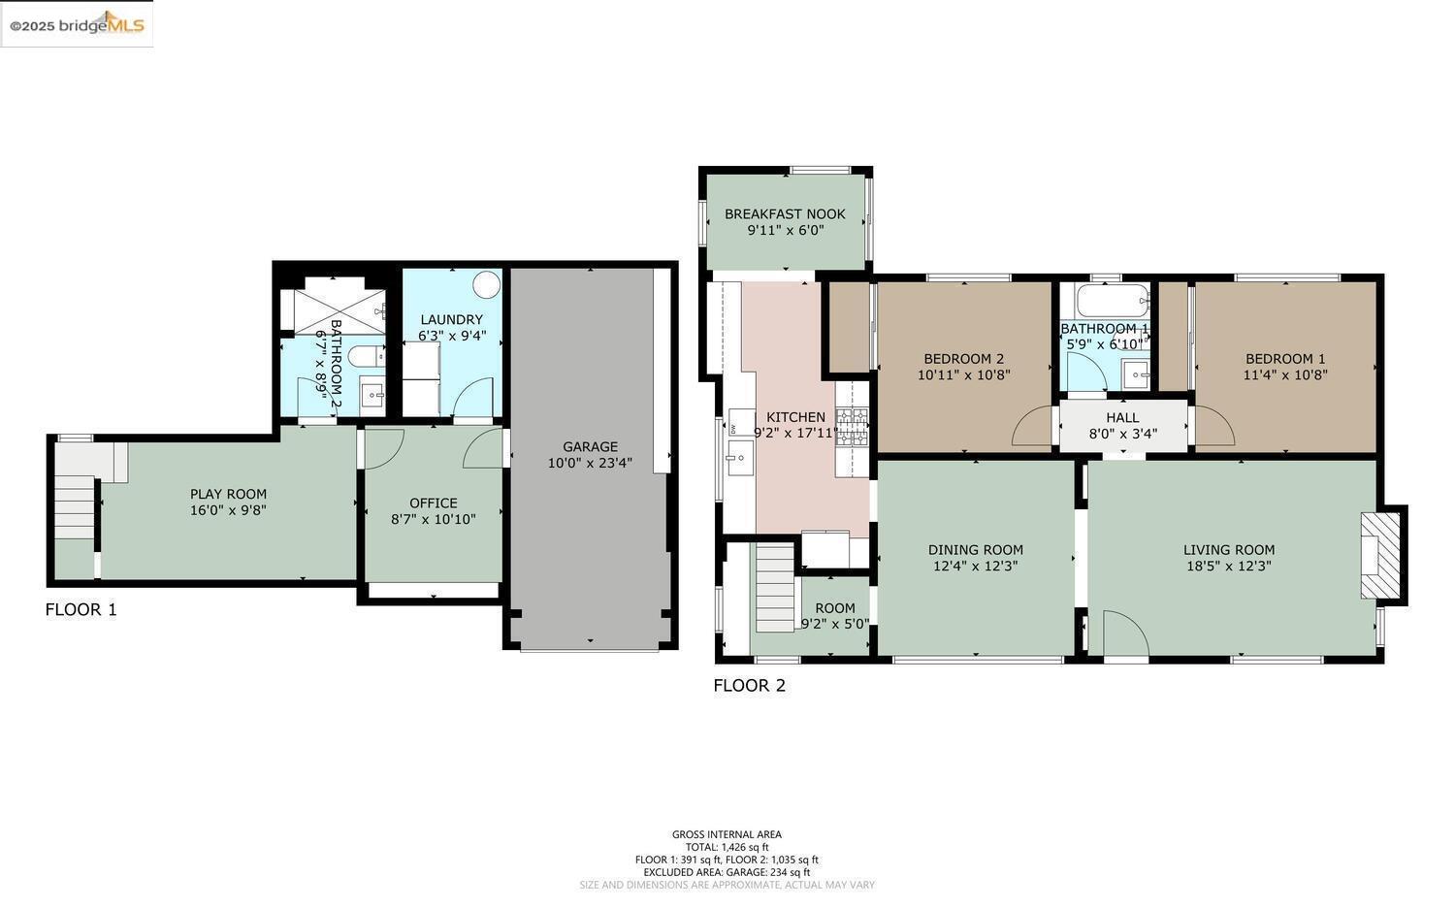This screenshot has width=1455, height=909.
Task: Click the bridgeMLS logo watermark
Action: (77, 24)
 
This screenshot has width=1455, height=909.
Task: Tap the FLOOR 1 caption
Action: (81, 610)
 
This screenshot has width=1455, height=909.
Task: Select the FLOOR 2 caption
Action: (749, 686)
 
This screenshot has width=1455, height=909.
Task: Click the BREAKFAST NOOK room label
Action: (785, 214)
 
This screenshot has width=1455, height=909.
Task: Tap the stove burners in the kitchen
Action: (852, 427)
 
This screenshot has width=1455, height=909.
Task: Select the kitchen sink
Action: (740, 454)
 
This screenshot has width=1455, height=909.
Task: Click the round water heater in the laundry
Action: (486, 285)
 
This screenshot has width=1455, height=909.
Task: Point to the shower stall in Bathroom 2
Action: (332, 306)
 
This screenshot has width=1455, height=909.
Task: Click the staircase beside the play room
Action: (74, 507)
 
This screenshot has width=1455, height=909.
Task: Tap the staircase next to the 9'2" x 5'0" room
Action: (774, 587)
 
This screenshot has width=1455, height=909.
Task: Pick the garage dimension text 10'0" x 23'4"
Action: (590, 464)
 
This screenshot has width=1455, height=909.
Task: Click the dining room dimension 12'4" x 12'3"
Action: (975, 567)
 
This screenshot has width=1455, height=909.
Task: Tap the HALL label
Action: (1122, 418)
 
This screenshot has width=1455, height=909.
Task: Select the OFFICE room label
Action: (433, 503)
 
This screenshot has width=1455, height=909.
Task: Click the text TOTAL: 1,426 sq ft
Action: (727, 847)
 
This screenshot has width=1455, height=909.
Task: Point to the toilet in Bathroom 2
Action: (365, 357)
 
